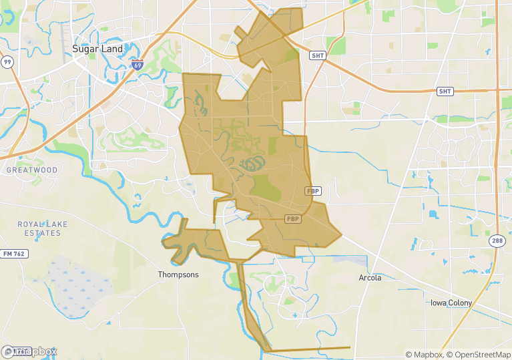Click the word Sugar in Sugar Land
85,49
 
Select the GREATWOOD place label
31,170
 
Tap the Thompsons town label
178,275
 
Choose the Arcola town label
370,278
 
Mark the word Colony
461,303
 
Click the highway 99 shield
7,62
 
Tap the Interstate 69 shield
137,65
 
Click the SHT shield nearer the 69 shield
318,55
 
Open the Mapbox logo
30,351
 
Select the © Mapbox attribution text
425,355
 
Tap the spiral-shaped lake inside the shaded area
251,164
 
